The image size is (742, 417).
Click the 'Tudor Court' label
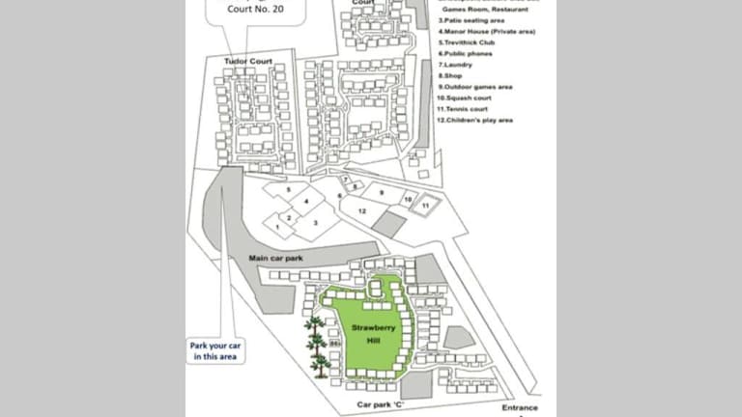(x=247, y=62)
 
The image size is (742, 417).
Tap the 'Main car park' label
(x=271, y=258)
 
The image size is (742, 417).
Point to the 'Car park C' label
(x=380, y=404)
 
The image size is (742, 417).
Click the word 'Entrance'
(x=520, y=407)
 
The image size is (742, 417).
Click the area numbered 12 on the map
(x=361, y=209)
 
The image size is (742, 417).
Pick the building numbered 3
(x=315, y=222)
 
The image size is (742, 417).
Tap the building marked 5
(x=287, y=189)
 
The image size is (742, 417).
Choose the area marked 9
(x=382, y=193)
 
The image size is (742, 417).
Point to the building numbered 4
(x=306, y=201)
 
